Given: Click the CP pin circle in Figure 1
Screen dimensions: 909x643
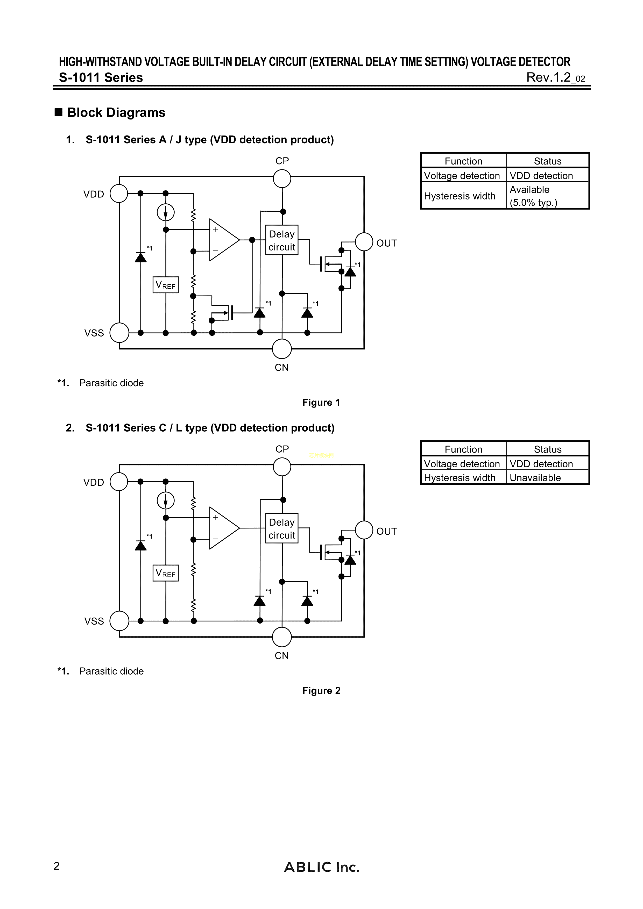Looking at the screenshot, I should (x=282, y=179).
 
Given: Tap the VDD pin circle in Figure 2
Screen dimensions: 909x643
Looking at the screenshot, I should (x=119, y=482).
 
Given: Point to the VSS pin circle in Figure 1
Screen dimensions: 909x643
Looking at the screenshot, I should (x=119, y=333).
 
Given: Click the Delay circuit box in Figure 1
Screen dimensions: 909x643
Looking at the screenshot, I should (x=282, y=240).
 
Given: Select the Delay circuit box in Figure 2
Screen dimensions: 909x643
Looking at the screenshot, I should (x=282, y=528).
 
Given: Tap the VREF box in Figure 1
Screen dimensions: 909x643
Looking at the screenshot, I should (x=166, y=285).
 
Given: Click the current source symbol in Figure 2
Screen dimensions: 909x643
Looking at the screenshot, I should (x=166, y=501).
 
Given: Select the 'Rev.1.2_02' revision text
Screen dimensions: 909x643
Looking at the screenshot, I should (x=555, y=78).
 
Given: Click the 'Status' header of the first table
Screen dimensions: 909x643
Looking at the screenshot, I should (x=548, y=161).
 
